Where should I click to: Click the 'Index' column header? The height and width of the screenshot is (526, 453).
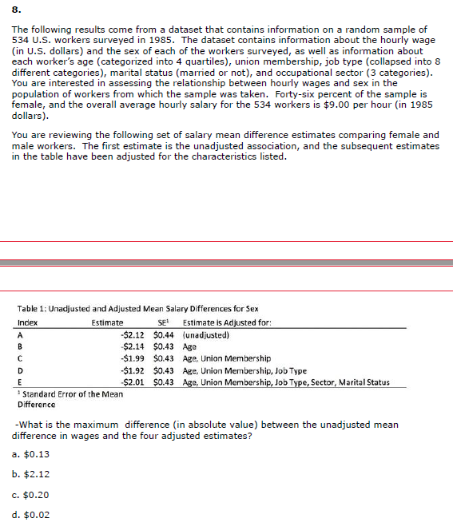point(27,322)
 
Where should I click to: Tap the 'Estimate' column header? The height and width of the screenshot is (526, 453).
point(107,322)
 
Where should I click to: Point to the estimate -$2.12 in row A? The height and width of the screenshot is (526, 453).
point(132,335)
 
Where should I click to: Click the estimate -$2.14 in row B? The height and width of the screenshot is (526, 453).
point(132,347)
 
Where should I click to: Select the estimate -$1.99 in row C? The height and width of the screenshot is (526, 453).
point(132,358)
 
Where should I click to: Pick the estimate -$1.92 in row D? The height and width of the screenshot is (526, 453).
point(132,370)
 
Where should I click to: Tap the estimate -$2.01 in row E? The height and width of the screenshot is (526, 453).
point(132,382)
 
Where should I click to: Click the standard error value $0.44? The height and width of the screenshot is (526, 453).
point(163,335)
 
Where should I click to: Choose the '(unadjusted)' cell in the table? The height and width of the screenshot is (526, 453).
point(207,335)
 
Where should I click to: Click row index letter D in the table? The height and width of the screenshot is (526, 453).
point(19,370)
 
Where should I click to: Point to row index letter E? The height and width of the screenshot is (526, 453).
point(19,382)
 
